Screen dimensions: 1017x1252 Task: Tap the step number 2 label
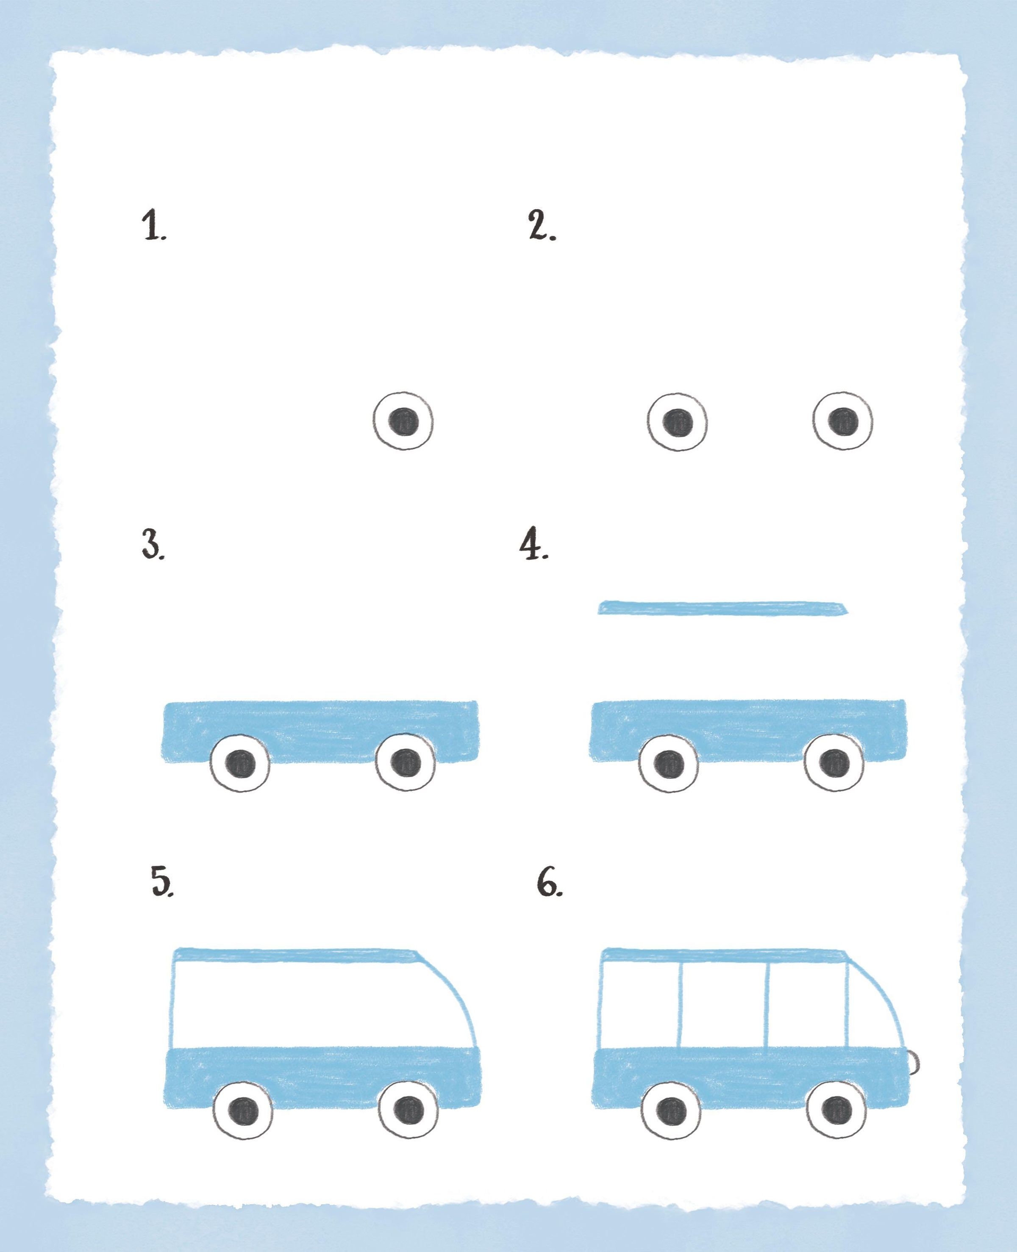tap(542, 226)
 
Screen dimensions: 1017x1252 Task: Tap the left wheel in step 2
tap(677, 421)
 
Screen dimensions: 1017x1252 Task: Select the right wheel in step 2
tap(842, 421)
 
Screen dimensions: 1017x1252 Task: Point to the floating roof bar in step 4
tap(722, 608)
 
